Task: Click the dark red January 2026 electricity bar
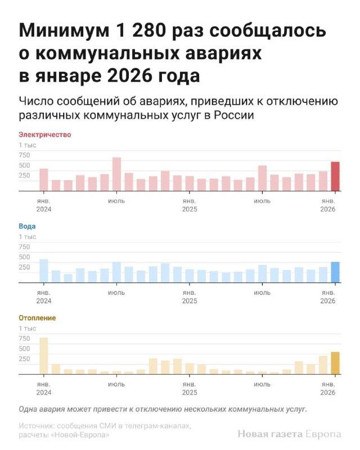(335, 177)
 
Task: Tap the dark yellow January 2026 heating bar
(335, 363)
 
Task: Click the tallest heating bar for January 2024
(43, 355)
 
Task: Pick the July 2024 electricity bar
(116, 174)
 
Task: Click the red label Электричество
(45, 134)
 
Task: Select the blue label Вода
(27, 226)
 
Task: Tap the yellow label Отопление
(37, 318)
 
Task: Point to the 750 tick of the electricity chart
(24, 155)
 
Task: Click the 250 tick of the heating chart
(24, 358)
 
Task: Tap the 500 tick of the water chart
(24, 257)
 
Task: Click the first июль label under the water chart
(116, 292)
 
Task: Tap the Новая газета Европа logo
(289, 434)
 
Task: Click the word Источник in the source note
(37, 426)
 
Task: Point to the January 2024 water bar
(43, 271)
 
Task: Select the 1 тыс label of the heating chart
(27, 328)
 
